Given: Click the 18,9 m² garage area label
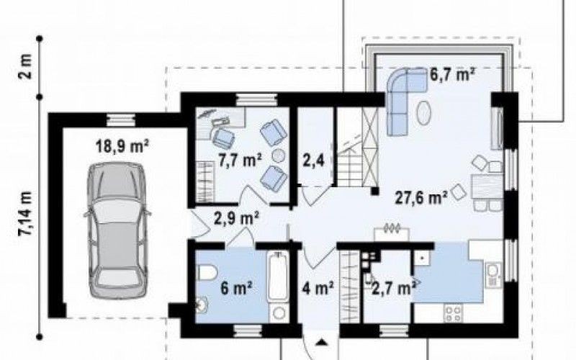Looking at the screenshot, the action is (x=122, y=146).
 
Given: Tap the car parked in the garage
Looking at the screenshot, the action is (x=117, y=230).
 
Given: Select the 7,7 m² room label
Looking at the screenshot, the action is (x=240, y=161).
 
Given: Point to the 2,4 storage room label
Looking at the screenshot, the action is (x=313, y=161).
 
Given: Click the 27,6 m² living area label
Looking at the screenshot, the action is (x=421, y=197).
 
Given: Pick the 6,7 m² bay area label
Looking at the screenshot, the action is (x=452, y=74).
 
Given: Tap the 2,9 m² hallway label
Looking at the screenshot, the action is (x=237, y=218).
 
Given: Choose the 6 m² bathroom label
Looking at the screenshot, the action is (x=236, y=288).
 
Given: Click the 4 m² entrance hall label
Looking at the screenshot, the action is (x=318, y=288).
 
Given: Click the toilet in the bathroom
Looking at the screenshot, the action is (x=207, y=273).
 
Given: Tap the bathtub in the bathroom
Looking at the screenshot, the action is (x=278, y=276).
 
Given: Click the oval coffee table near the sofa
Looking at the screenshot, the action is (x=424, y=113).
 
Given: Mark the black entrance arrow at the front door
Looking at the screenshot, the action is (x=322, y=343).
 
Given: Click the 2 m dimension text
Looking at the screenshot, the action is (x=27, y=66).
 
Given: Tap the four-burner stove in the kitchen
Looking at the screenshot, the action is (x=454, y=313).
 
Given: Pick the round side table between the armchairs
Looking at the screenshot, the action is (x=279, y=156).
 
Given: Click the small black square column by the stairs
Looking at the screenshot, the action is (x=374, y=191).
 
